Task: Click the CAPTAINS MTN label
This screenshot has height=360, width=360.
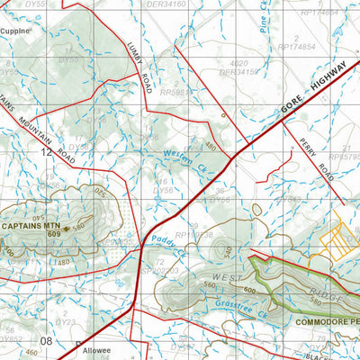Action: [x=31, y=226]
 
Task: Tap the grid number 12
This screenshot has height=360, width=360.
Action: [x=46, y=153]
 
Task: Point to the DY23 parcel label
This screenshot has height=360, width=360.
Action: [x=65, y=320]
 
